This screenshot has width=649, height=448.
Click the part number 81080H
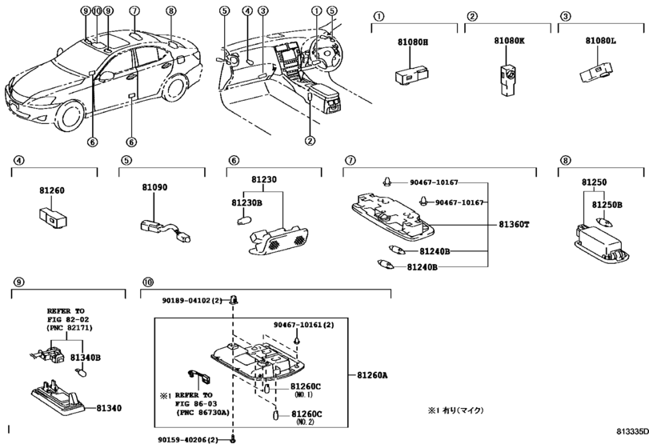click(413, 42)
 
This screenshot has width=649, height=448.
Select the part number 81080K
click(509, 41)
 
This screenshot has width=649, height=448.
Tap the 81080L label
click(600, 41)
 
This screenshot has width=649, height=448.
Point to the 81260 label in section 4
click(52, 190)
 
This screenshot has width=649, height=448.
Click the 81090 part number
click(154, 187)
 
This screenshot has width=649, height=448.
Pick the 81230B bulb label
click(246, 203)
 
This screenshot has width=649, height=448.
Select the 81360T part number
click(514, 225)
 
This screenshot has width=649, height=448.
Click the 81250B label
click(607, 205)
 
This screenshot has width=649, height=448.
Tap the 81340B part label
click(86, 358)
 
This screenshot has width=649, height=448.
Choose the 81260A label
click(372, 376)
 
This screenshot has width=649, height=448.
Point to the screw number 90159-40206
click(184, 440)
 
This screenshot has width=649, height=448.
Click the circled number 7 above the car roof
click(134, 10)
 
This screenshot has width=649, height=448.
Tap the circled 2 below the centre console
click(310, 141)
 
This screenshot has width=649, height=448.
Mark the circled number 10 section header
click(148, 282)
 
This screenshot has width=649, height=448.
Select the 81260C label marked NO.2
click(306, 414)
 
